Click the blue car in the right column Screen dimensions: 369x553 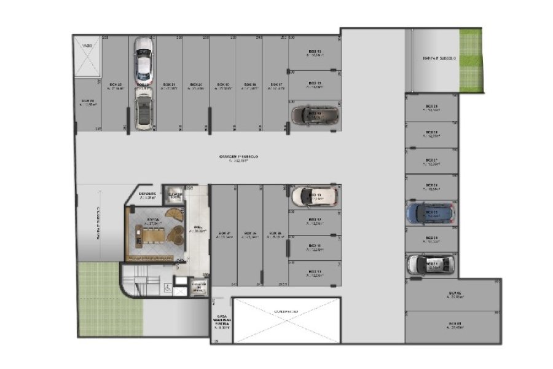[429, 213]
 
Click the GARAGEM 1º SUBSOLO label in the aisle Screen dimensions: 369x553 [238, 157]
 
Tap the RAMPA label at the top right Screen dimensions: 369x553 [439, 58]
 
